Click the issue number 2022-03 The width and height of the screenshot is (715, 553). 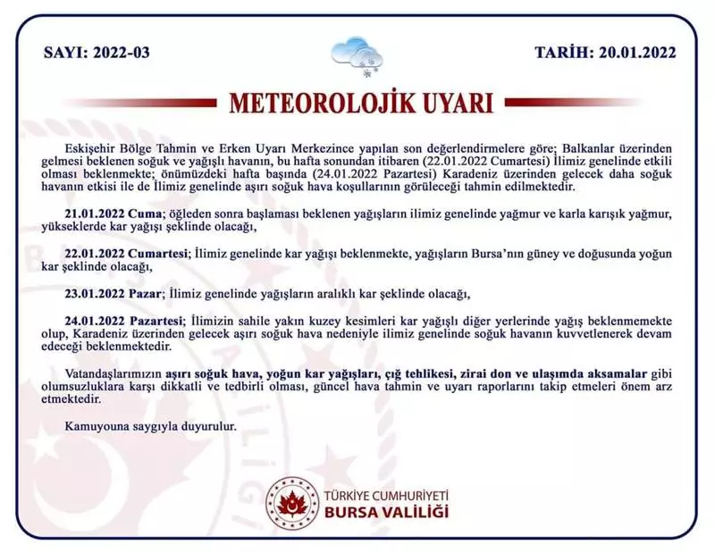tap(119, 52)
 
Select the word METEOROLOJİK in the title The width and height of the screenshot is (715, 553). tap(325, 102)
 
